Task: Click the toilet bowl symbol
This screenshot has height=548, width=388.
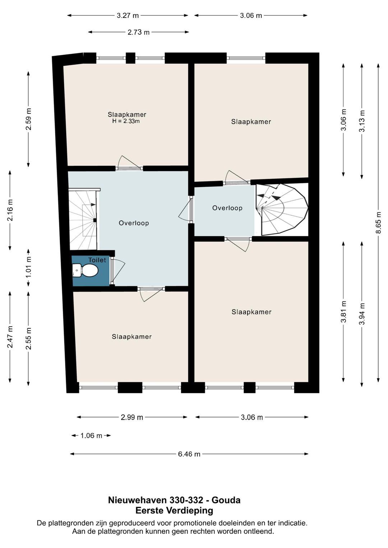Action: [86, 271]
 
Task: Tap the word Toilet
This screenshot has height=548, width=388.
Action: [97, 260]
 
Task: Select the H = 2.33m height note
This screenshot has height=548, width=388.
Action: [126, 121]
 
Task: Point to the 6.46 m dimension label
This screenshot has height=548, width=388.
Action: [189, 454]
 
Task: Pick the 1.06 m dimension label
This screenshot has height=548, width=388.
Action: [91, 436]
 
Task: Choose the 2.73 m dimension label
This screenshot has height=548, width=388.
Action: [138, 32]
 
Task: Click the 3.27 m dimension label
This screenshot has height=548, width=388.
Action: [128, 15]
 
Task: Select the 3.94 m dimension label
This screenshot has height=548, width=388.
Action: [362, 314]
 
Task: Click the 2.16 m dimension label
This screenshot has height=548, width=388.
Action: [10, 210]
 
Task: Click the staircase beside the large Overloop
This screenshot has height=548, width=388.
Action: [83, 220]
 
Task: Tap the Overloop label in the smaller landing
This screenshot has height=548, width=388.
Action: [227, 208]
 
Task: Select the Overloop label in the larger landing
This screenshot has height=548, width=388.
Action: [134, 223]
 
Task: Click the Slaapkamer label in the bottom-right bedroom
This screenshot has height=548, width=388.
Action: [251, 312]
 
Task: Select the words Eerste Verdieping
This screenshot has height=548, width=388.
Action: [174, 510]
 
